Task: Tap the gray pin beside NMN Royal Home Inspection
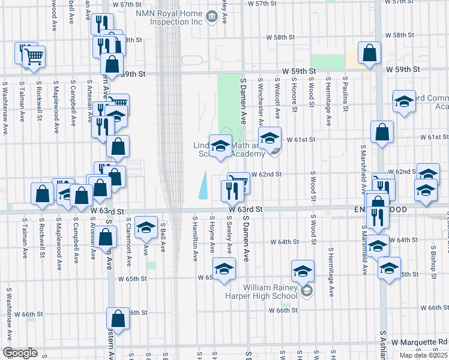click(x=211, y=17)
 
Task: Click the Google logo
click(x=20, y=353)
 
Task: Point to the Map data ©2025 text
click(x=423, y=355)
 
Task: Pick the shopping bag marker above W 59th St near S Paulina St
click(x=369, y=53)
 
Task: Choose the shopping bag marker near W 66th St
click(x=118, y=319)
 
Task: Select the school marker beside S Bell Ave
click(x=145, y=228)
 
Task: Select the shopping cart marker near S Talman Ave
click(x=34, y=57)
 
